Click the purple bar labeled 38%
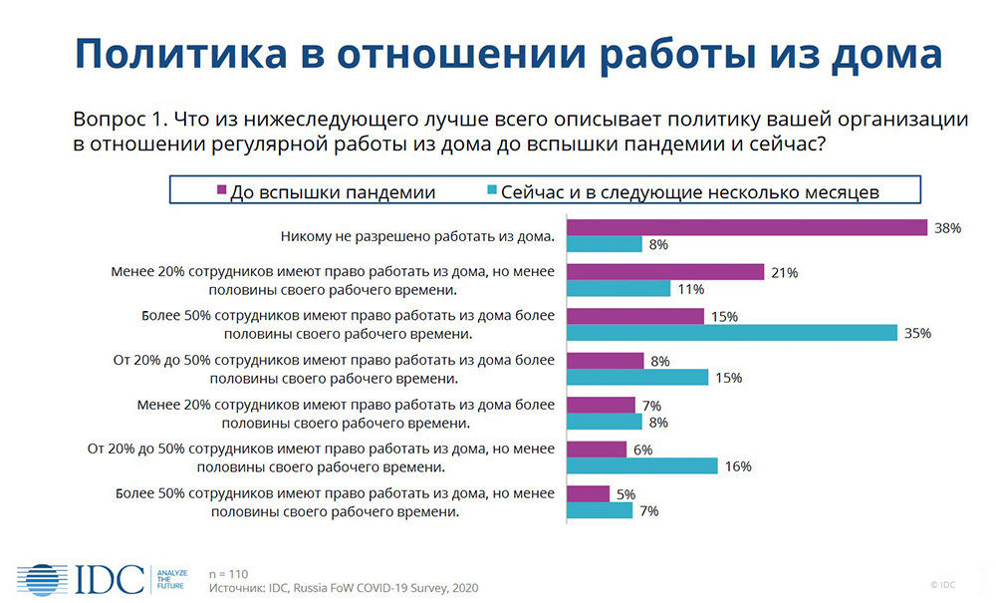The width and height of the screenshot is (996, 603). [747, 227]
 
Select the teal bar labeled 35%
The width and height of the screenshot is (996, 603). [732, 333]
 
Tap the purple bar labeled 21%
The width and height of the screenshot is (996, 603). [665, 272]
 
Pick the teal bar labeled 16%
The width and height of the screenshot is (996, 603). [642, 466]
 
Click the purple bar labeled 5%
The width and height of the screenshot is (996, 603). [589, 494]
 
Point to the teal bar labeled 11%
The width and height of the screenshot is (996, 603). [619, 288]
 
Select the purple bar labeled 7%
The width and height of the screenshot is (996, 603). [601, 406]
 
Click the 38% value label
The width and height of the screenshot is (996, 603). [948, 229]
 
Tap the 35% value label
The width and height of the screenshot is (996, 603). [918, 334]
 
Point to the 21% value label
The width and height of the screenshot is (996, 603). [785, 273]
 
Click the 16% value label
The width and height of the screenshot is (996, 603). [738, 467]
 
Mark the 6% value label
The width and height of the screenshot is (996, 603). [642, 451]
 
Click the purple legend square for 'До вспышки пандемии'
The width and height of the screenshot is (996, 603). [222, 190]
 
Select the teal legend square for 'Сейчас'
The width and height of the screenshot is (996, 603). [492, 190]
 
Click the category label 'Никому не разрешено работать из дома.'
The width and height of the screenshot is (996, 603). [418, 237]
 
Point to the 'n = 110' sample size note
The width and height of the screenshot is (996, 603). [229, 574]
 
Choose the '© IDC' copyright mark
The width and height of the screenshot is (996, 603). [942, 585]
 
